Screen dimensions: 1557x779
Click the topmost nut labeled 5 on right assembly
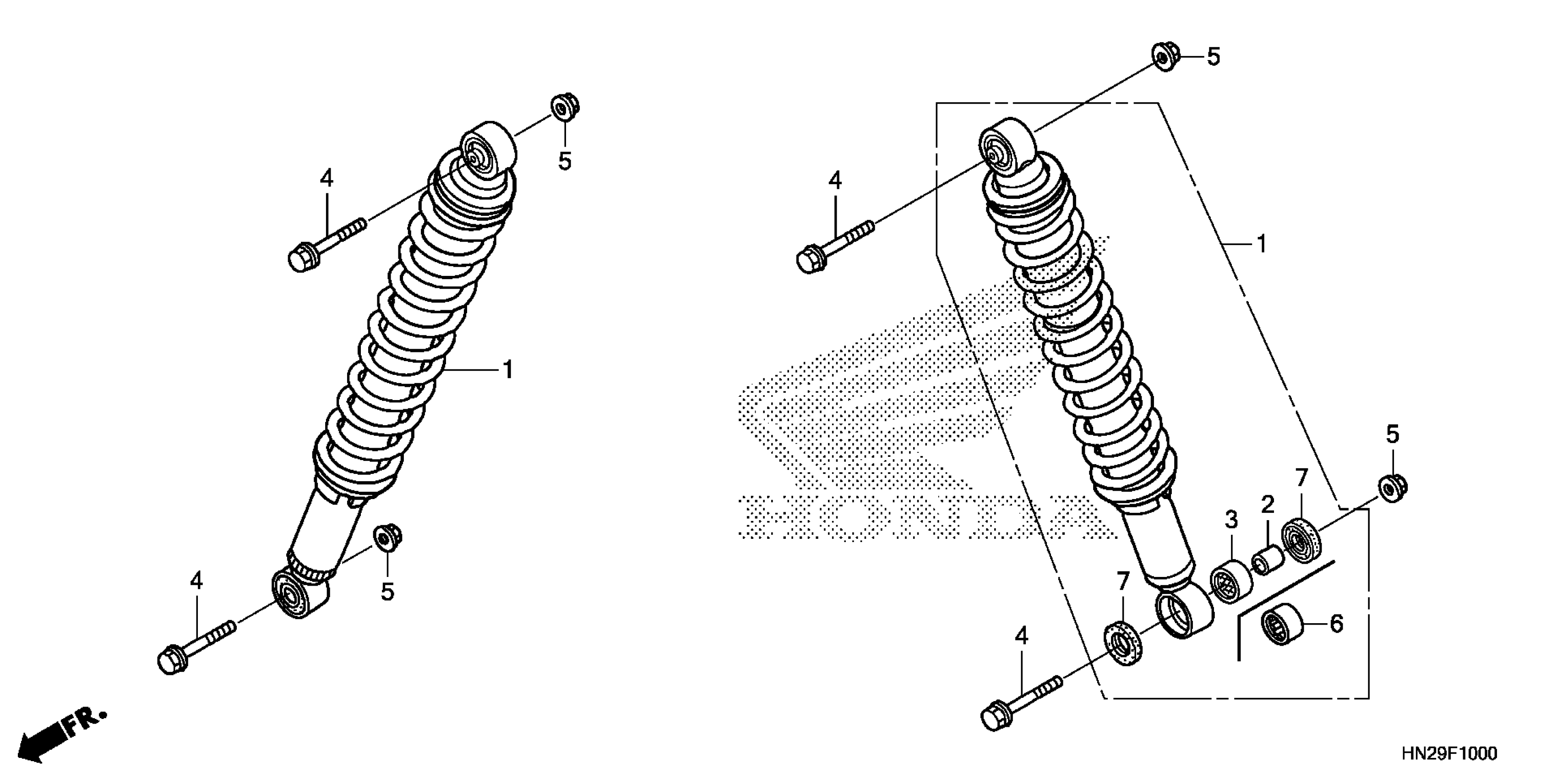coord(1162,56)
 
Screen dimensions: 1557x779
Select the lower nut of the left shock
coord(387,537)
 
